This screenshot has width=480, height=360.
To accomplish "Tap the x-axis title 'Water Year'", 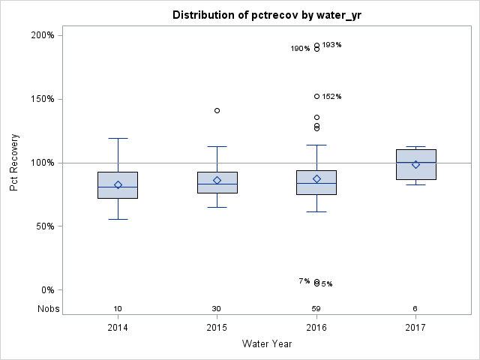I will [267, 344].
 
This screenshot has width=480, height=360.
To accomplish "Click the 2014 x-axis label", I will [118, 328].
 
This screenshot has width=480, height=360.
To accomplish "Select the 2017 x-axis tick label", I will [415, 328].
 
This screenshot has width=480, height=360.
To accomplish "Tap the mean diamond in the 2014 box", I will [118, 184].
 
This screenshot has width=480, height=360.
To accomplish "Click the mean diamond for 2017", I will [415, 164].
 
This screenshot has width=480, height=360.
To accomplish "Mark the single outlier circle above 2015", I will [217, 110].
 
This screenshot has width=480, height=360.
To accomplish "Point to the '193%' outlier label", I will [332, 45].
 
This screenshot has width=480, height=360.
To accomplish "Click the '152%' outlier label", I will [332, 97].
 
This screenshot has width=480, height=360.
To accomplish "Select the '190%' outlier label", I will [300, 49].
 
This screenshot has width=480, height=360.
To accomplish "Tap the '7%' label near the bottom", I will [304, 280].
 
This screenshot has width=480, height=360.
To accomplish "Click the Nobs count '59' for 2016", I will [316, 309].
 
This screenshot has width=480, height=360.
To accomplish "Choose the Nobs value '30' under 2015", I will [217, 309].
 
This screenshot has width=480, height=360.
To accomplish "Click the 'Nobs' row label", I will [47, 309].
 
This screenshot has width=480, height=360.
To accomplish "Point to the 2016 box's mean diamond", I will [316, 178].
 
